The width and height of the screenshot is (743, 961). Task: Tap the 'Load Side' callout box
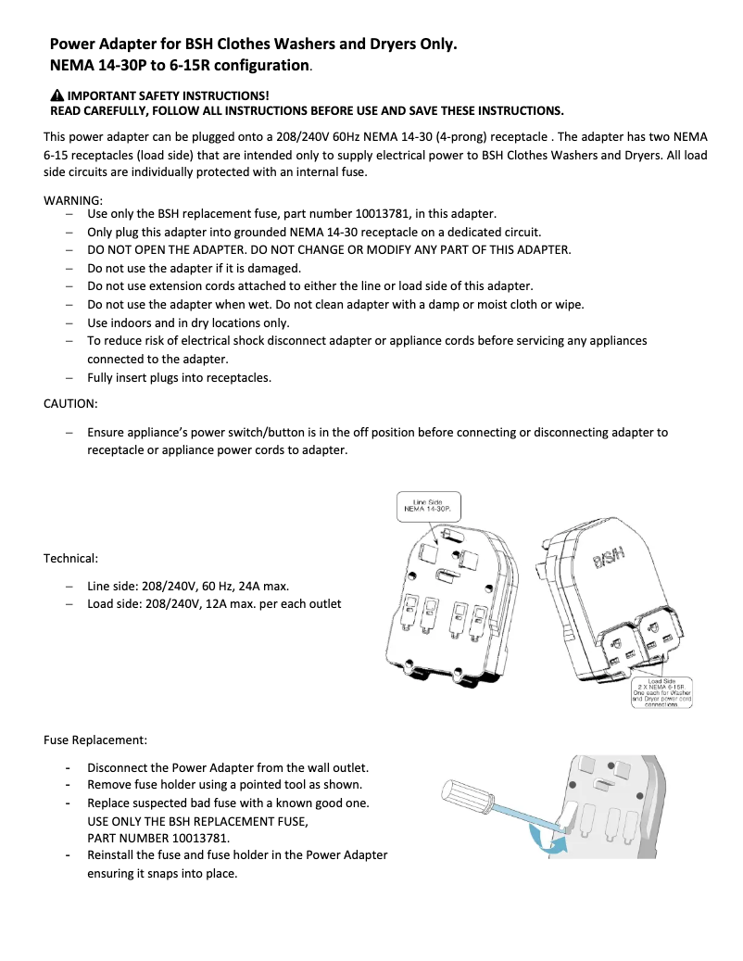pyautogui.click(x=661, y=692)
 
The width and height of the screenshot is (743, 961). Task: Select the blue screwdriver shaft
pyautogui.click(x=528, y=813)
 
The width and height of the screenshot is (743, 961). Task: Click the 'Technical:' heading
pyautogui.click(x=70, y=558)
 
